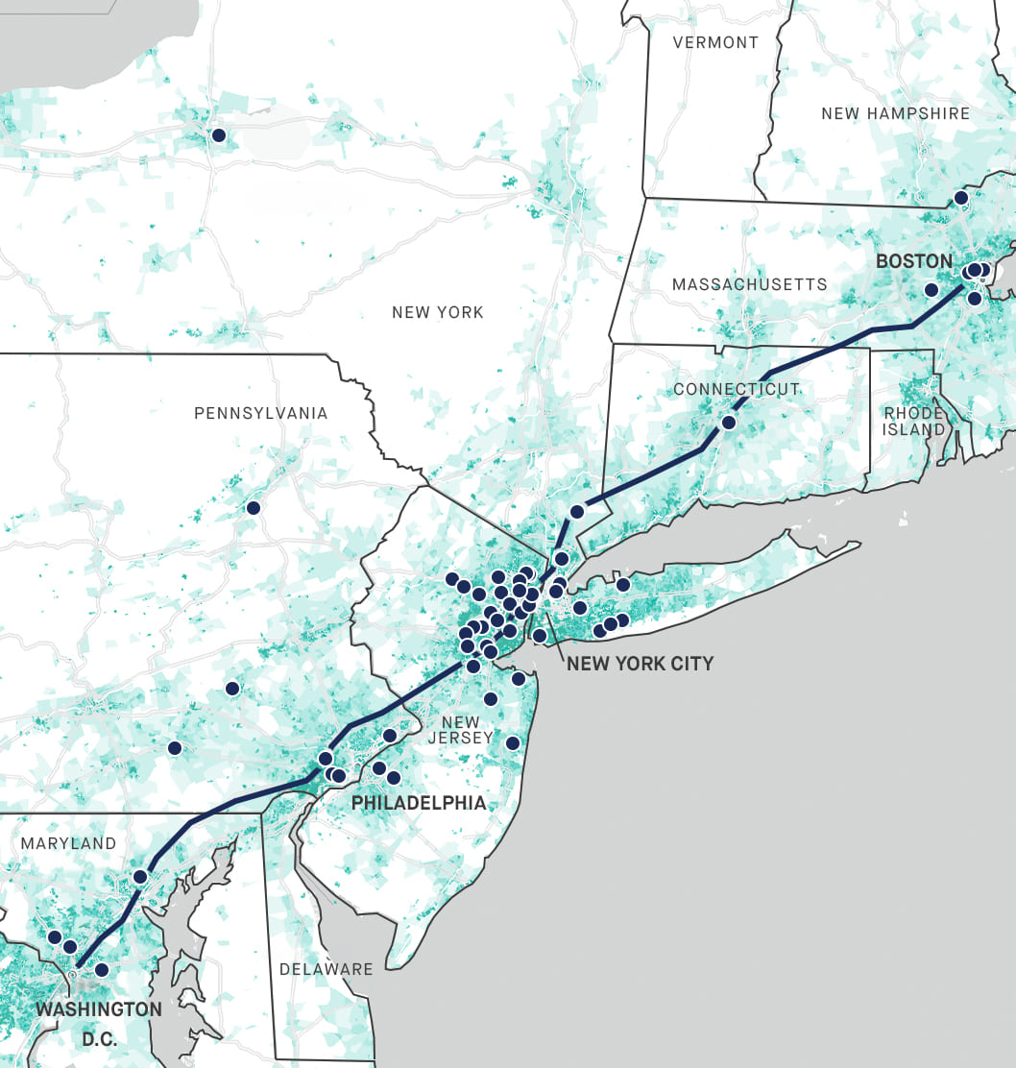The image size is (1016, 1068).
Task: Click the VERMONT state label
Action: (715, 42)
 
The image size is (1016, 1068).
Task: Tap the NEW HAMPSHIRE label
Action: (895, 113)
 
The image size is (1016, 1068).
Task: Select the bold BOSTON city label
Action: (914, 261)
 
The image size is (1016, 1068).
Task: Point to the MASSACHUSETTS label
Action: (749, 284)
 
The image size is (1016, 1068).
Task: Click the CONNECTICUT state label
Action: (737, 389)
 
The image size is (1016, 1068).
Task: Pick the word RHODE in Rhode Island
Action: (913, 413)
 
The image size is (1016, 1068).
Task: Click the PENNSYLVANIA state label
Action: (260, 413)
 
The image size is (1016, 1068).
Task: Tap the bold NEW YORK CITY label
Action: (640, 664)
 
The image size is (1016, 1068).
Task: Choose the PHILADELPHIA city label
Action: (419, 803)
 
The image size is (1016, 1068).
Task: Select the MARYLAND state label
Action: (68, 843)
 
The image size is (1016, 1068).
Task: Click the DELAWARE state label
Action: (326, 969)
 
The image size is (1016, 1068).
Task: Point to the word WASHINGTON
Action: (99, 1009)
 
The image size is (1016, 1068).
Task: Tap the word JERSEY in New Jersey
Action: (460, 739)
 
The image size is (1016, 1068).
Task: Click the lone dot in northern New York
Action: (218, 135)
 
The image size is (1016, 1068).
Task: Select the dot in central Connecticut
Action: (729, 423)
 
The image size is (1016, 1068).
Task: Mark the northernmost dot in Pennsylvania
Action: (253, 507)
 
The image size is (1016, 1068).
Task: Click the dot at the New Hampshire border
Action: (960, 198)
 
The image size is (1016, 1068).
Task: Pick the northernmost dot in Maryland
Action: (140, 876)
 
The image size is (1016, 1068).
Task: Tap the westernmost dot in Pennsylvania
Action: (174, 748)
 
